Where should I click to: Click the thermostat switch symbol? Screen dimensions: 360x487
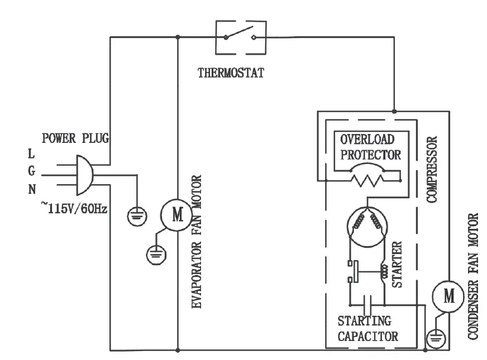(241, 37)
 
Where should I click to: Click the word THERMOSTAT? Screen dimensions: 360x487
(231, 73)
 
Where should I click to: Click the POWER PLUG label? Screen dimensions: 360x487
(77, 138)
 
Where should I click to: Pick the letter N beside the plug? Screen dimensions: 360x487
(32, 190)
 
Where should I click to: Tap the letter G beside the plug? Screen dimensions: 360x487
(32, 171)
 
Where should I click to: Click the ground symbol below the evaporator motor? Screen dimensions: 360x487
(154, 255)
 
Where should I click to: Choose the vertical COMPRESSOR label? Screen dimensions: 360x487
(431, 168)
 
